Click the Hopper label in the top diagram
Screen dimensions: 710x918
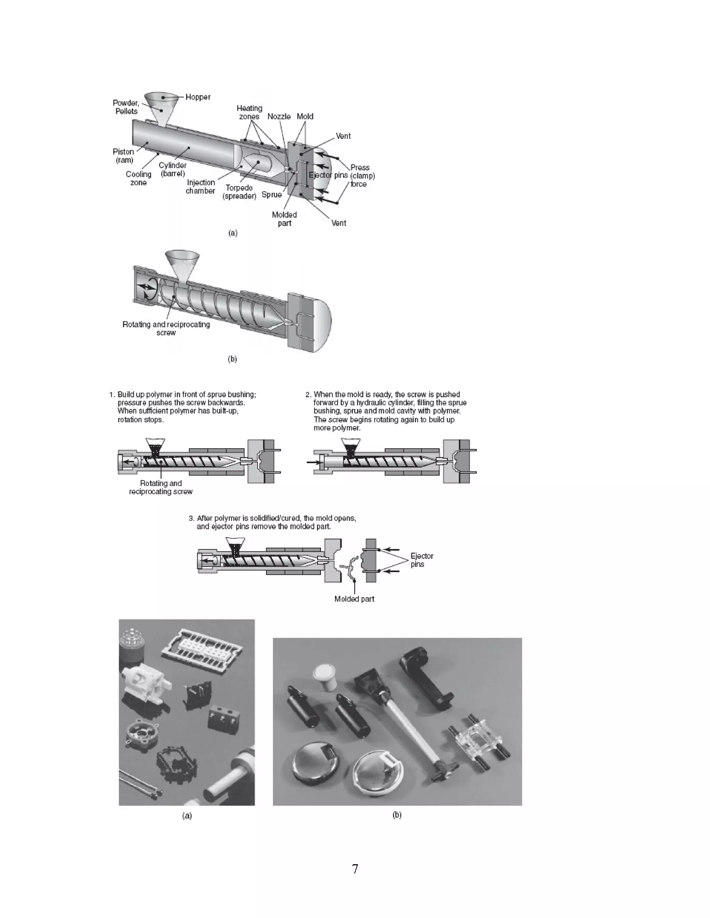198,97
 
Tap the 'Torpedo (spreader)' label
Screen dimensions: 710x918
239,192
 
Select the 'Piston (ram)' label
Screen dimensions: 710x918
123,156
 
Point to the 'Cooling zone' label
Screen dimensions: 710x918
138,178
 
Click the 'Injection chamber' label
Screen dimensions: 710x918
201,187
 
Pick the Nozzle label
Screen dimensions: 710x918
279,116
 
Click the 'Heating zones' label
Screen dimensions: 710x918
249,112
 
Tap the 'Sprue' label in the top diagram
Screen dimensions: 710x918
271,195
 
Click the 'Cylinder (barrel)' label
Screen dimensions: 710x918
172,169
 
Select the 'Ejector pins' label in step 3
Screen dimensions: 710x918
422,560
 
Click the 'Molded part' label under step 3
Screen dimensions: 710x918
354,599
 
